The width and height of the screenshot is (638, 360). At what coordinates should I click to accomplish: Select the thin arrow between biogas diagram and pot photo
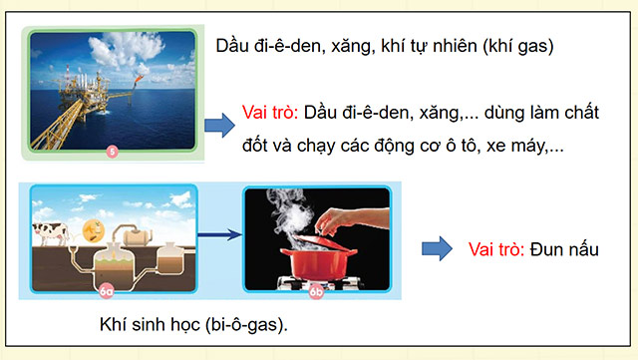coord(218,236)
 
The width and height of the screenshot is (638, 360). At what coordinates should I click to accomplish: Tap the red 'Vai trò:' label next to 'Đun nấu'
coord(494,248)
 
